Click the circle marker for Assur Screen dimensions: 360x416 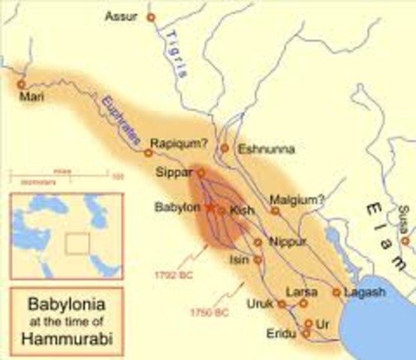pos(151,16)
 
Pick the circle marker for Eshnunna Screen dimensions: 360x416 pos(224,148)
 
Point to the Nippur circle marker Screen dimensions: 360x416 pos(257,242)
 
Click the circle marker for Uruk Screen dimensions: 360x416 pos(282,304)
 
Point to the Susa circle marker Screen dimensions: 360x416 pos(405,241)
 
